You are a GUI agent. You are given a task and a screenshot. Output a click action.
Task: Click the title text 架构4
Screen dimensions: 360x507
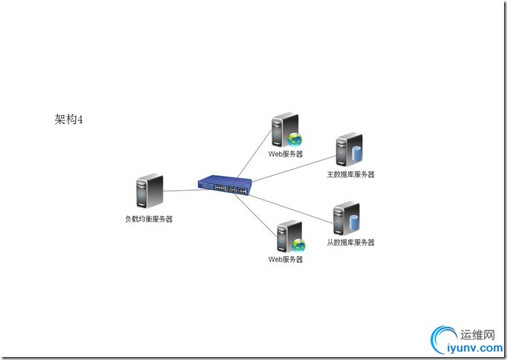tap(68, 119)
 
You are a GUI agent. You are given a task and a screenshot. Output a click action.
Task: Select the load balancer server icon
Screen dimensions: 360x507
tap(149, 192)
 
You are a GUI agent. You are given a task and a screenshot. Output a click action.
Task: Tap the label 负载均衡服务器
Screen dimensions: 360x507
tap(148, 219)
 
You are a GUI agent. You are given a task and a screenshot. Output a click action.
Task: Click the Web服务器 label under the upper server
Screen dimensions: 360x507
tap(286, 154)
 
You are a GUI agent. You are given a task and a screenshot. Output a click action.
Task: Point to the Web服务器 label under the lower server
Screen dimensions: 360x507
tap(286, 260)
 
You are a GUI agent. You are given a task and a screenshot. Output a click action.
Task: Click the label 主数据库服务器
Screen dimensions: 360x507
tap(351, 175)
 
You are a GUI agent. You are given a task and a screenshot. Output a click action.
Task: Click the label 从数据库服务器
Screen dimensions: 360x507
tap(351, 243)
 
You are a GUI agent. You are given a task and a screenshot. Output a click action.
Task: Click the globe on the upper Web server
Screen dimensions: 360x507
tap(296, 138)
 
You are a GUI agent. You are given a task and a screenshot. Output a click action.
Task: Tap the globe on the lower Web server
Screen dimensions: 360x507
tap(298, 244)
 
